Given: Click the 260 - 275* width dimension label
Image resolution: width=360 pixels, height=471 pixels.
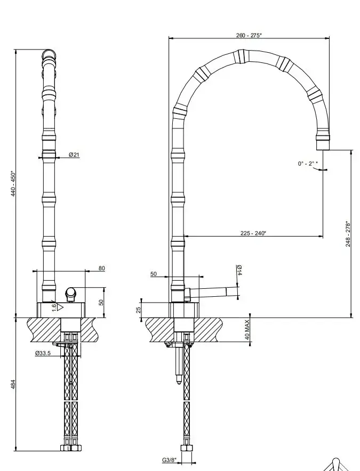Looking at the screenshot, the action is [249, 35].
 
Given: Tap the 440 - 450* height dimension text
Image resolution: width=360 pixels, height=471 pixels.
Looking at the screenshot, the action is [13, 184].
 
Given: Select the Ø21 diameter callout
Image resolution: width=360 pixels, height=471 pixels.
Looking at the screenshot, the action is [74, 155].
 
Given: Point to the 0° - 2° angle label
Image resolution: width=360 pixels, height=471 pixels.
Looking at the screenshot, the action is [308, 164].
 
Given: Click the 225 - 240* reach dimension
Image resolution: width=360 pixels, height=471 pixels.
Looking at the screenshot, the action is [253, 233].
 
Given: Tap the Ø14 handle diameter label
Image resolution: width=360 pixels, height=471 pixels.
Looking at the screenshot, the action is [239, 270].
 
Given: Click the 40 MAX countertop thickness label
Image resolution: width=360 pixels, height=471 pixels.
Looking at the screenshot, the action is [247, 329].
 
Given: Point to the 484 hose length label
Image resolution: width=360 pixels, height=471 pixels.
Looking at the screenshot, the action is [13, 385].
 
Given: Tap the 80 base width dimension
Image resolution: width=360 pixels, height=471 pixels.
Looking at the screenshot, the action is [102, 268].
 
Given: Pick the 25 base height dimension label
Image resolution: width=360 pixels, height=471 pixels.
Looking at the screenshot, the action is [139, 310].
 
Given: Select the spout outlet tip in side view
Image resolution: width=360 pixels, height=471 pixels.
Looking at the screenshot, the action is [323, 145].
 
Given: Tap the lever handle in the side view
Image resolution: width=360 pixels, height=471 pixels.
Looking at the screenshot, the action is [211, 293].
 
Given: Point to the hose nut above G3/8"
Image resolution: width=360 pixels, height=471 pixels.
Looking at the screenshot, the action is [187, 449].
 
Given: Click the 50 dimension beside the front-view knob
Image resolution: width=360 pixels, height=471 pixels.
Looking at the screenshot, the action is [101, 302].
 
